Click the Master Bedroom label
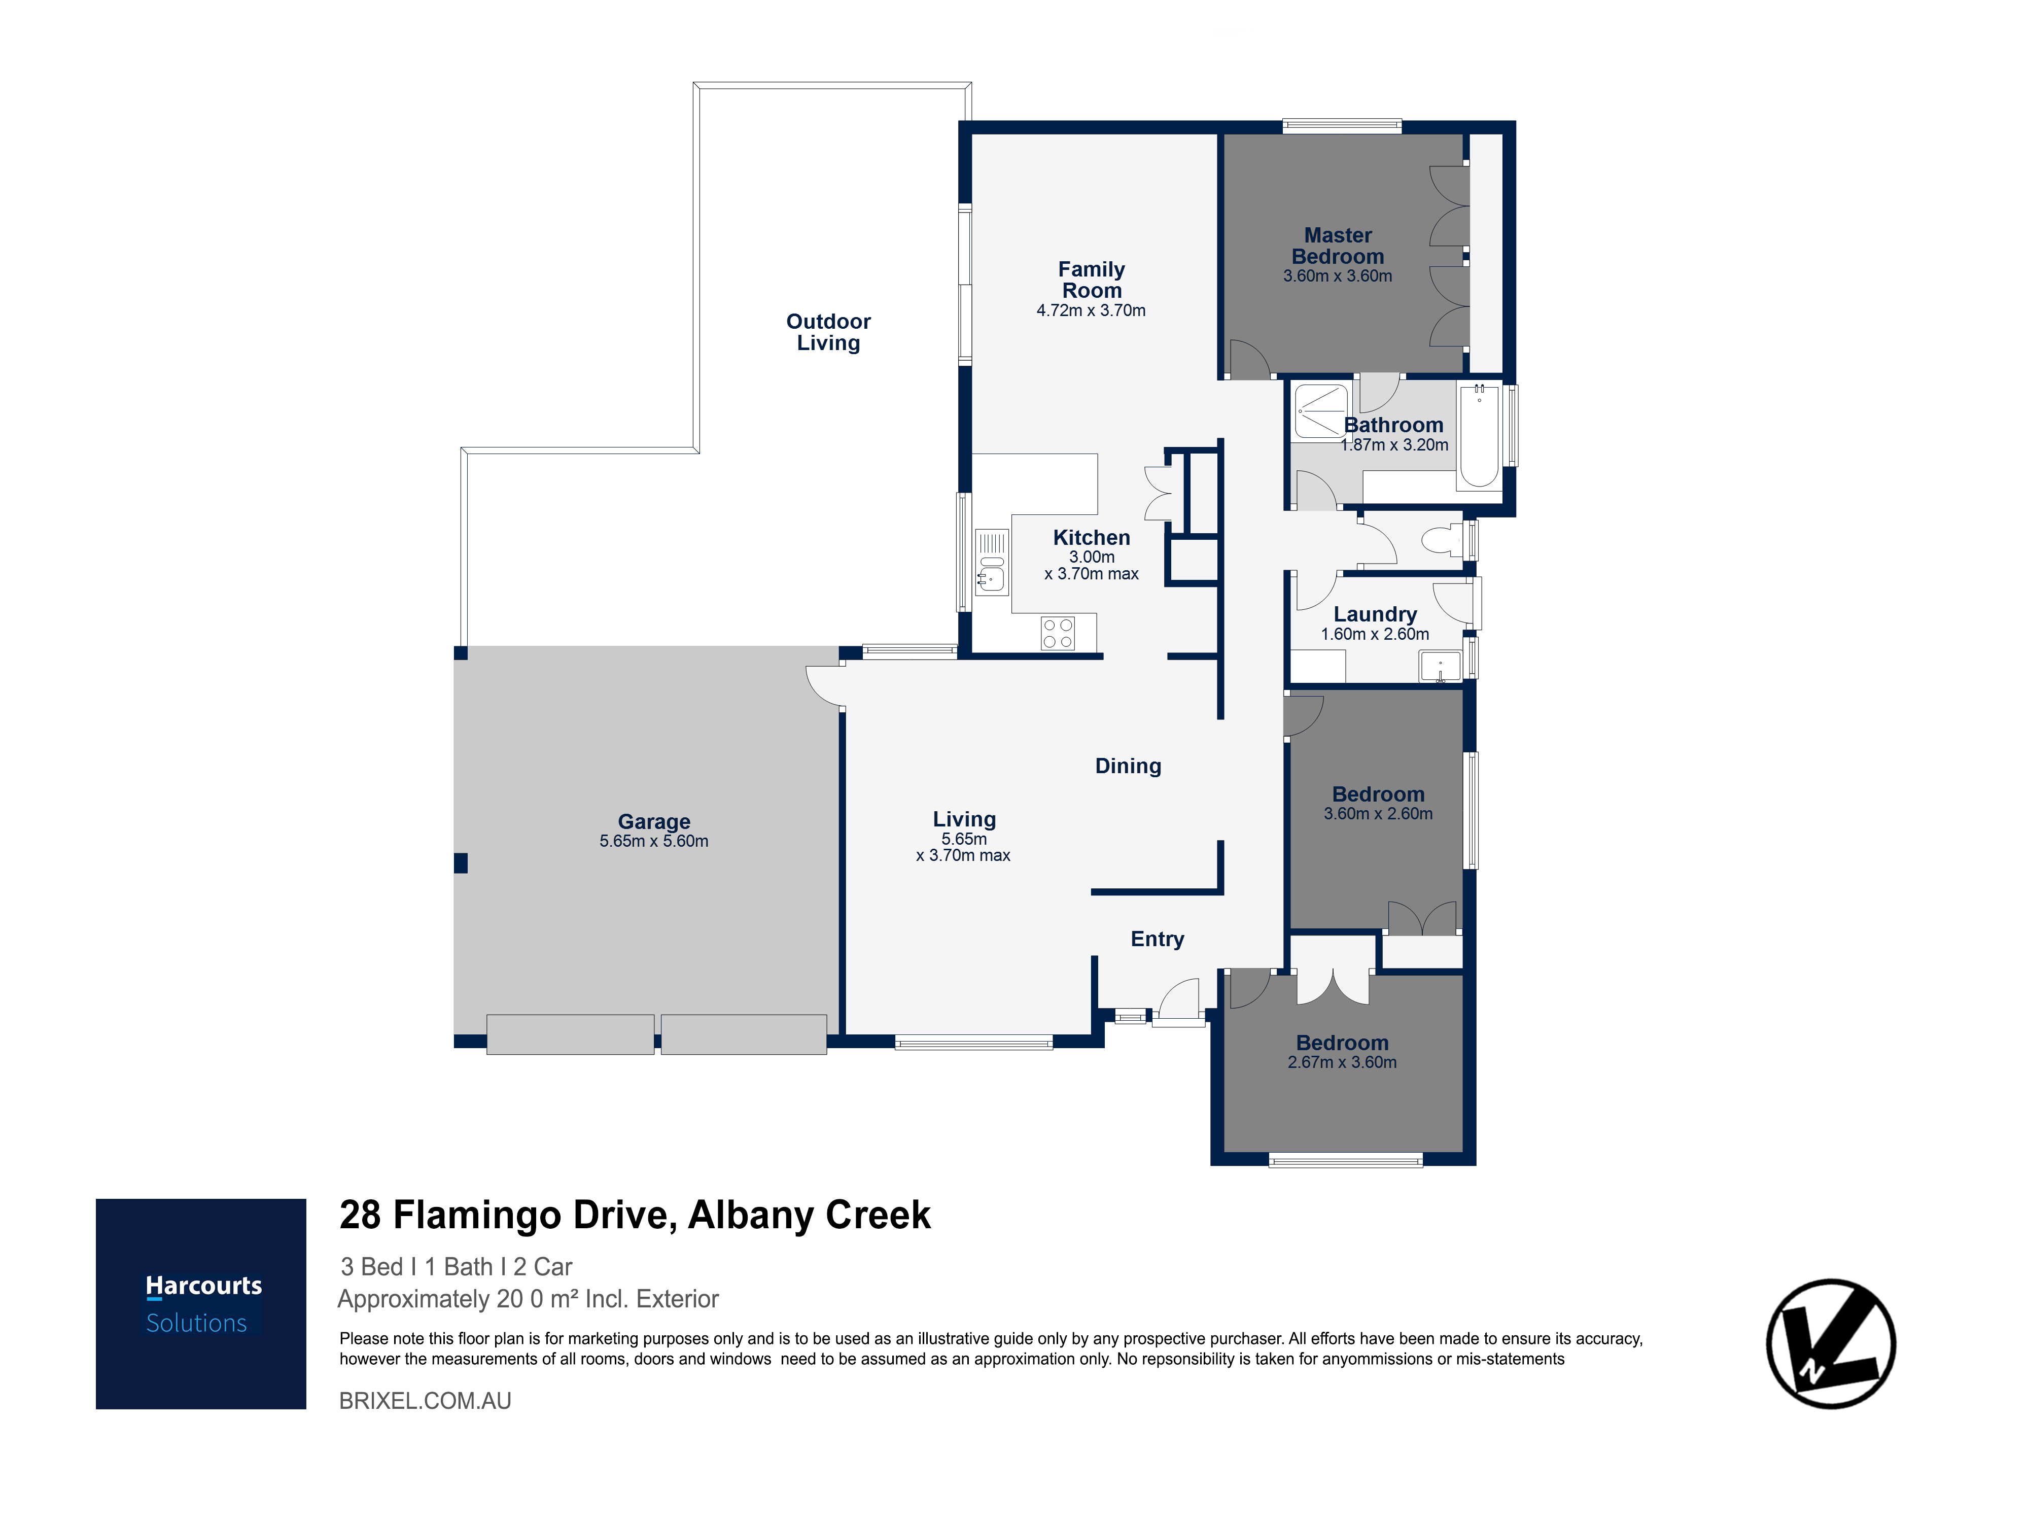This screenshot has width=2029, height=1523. [x=1338, y=246]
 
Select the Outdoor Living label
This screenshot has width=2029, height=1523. [x=828, y=332]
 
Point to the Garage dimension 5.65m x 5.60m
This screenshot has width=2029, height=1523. [x=654, y=841]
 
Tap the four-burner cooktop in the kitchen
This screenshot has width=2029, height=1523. [x=1058, y=633]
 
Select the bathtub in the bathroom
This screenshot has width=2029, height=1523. [x=1479, y=436]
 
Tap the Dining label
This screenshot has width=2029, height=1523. [x=1128, y=766]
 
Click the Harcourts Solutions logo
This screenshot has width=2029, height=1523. [x=201, y=1304]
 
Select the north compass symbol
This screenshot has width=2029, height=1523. [x=1831, y=1343]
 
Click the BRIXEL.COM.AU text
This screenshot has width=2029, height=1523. [x=426, y=1401]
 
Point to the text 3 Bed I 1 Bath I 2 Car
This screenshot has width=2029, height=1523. [x=457, y=1267]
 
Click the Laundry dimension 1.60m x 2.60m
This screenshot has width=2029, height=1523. [x=1375, y=634]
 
